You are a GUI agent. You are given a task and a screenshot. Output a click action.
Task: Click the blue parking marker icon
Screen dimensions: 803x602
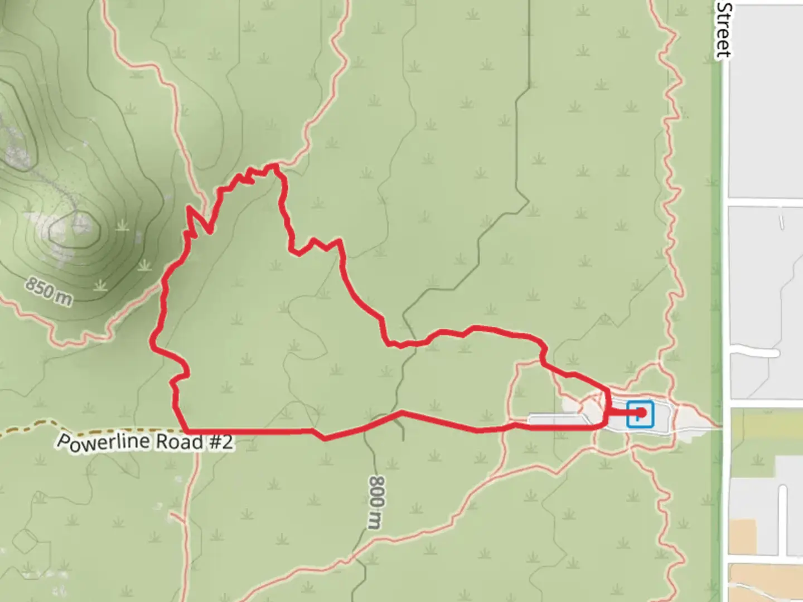coord(640,414)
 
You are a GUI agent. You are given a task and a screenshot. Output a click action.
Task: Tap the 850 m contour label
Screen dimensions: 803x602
coord(49,292)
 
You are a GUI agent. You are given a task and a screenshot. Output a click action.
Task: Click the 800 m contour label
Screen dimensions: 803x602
coord(376,502)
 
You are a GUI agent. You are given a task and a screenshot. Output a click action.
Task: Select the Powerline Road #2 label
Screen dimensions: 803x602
coord(145,442)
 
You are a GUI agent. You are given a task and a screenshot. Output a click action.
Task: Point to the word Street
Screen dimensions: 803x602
coord(723,30)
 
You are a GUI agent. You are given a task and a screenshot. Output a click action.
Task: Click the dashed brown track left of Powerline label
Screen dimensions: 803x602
coord(28,428)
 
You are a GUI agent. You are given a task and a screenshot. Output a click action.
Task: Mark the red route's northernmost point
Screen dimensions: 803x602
coord(273,166)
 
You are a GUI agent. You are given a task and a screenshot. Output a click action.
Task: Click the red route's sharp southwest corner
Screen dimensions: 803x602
coord(187,431)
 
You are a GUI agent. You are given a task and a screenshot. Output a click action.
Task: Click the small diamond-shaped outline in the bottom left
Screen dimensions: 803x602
coord(25,541)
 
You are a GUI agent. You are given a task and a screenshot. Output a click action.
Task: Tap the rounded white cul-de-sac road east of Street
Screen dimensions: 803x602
coord(753,352)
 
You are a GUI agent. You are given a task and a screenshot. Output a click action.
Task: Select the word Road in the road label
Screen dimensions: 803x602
coord(179,442)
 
